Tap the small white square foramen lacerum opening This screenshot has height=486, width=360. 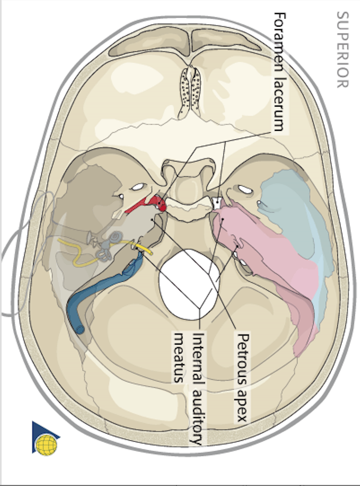218,204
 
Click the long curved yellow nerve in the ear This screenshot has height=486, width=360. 80,252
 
